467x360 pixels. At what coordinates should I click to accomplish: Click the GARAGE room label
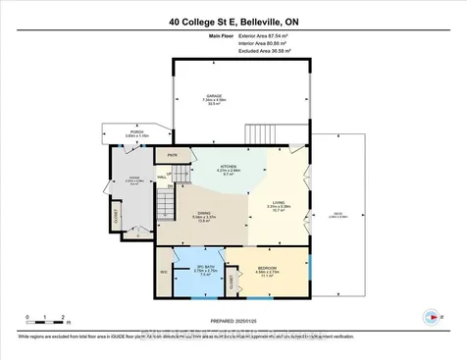(214, 96)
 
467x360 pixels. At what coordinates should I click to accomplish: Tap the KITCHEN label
(227, 167)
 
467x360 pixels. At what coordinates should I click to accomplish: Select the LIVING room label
(280, 202)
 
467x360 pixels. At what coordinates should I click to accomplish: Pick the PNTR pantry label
(172, 155)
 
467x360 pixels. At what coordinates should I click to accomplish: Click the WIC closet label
(164, 272)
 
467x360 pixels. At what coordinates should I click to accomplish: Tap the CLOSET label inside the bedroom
(233, 283)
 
